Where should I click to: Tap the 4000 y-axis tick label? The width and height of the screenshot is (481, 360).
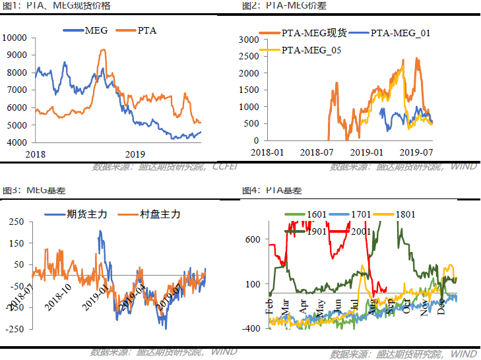(x=16, y=142)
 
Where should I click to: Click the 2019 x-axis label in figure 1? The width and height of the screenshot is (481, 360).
(x=135, y=154)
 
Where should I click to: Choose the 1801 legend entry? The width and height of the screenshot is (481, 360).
(x=409, y=214)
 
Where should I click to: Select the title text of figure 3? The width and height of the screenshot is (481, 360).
(x=32, y=190)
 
